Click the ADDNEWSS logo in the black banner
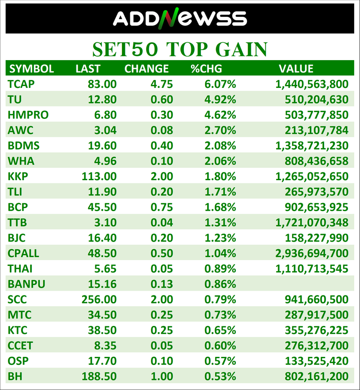pyautogui.click(x=180, y=19)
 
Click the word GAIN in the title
pyautogui.click(x=241, y=49)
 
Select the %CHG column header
pyautogui.click(x=206, y=68)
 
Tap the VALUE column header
pyautogui.click(x=296, y=68)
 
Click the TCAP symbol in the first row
pyautogui.click(x=21, y=84)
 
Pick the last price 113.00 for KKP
pyautogui.click(x=99, y=176)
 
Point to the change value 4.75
pyautogui.click(x=162, y=84)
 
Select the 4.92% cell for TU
pyautogui.click(x=220, y=99)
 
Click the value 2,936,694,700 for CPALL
pyautogui.click(x=312, y=253)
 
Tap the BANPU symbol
pyautogui.click(x=27, y=284)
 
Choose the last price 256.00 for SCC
pyautogui.click(x=99, y=299)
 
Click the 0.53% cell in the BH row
pyautogui.click(x=220, y=376)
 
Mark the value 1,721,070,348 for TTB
pyautogui.click(x=312, y=223)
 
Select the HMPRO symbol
pyautogui.click(x=28, y=115)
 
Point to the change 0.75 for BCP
pyautogui.click(x=162, y=207)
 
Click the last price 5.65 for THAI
pyautogui.click(x=105, y=269)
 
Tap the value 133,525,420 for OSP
pyautogui.click(x=316, y=361)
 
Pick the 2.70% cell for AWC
pyautogui.click(x=220, y=130)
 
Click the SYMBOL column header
pyautogui.click(x=32, y=68)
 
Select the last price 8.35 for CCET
pyautogui.click(x=105, y=345)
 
